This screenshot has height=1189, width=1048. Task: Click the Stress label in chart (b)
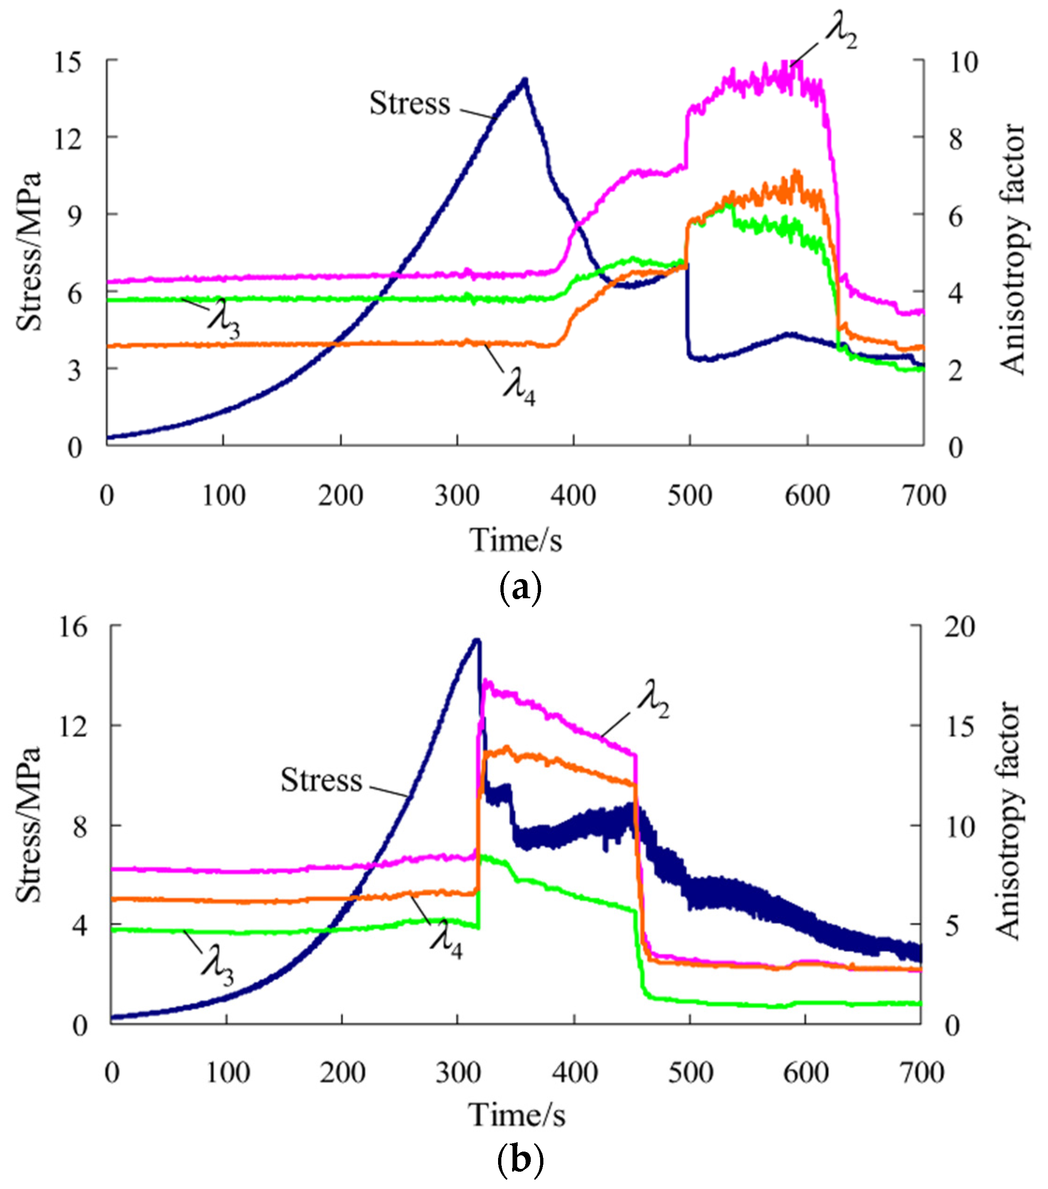321,780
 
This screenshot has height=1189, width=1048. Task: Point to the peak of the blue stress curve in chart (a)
525,80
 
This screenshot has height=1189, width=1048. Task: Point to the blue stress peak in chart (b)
477,640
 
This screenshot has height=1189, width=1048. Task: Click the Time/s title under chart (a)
515,540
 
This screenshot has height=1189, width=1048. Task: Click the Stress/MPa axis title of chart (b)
28,824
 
